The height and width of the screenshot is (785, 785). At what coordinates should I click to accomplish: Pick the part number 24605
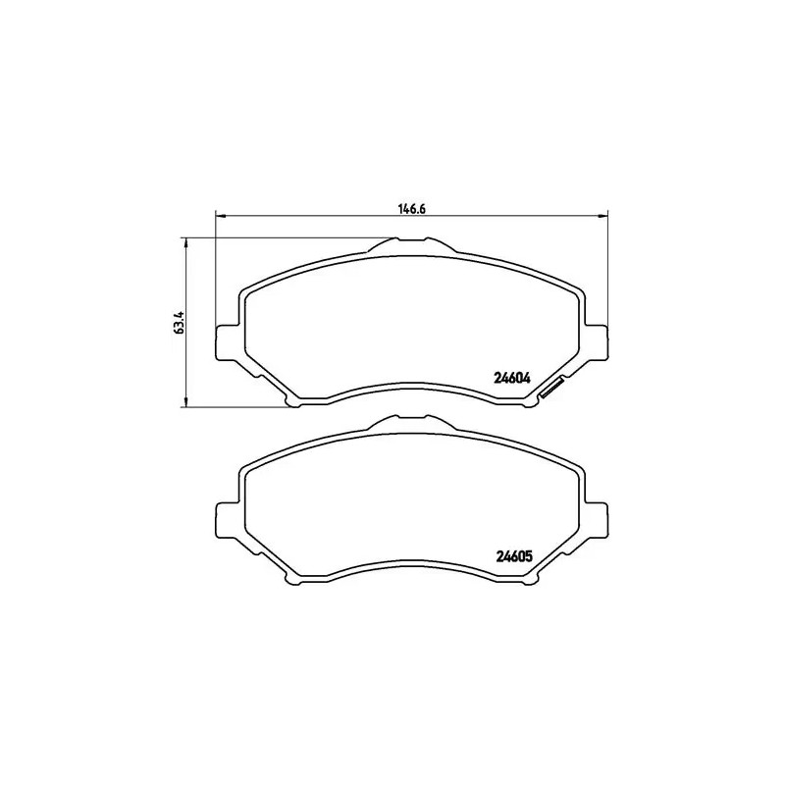[x=510, y=556]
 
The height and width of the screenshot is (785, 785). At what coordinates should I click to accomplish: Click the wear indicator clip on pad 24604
[x=550, y=389]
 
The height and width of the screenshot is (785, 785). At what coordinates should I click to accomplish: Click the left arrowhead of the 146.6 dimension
[x=219, y=216]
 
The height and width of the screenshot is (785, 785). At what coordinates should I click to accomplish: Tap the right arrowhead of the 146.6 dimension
[x=603, y=216]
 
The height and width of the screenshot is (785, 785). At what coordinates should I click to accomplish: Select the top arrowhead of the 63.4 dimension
[x=186, y=241]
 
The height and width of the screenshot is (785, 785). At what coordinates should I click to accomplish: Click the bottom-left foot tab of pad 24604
[x=293, y=399]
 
